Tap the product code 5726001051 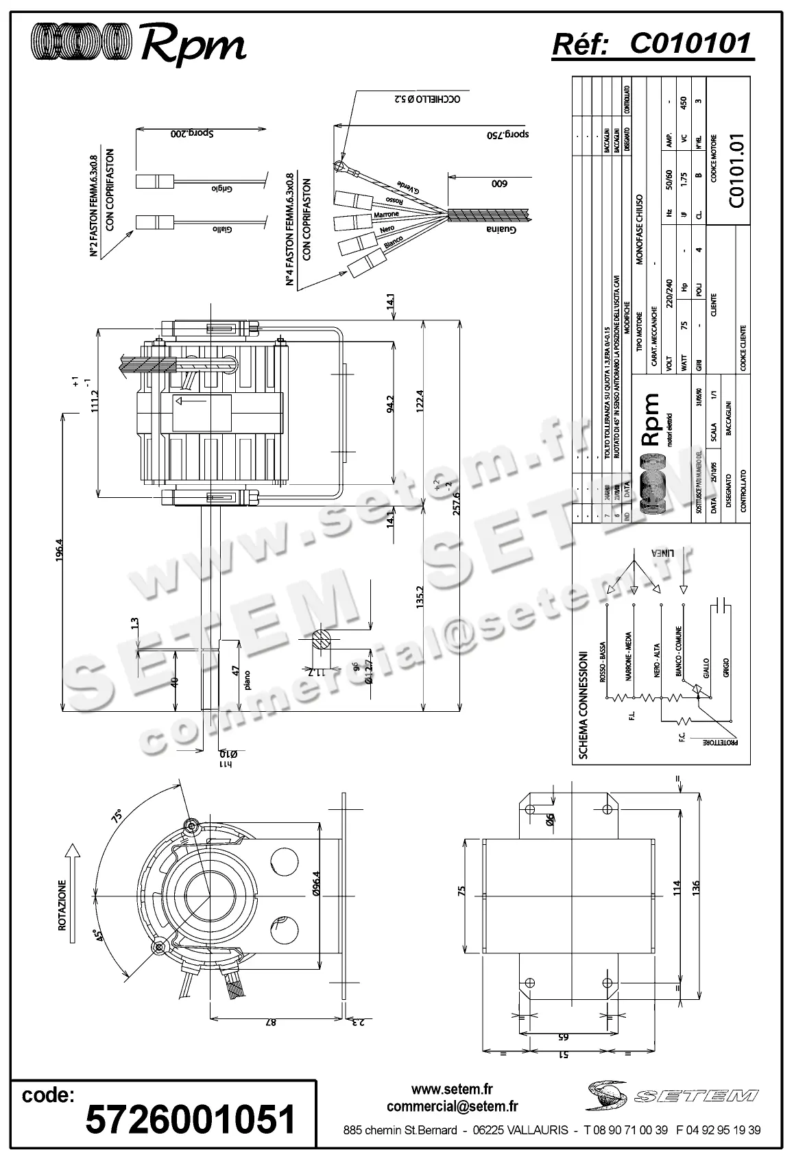190,1119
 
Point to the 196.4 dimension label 60,552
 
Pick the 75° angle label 117,817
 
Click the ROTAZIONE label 62,905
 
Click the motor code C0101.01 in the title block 736,171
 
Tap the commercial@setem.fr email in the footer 452,1106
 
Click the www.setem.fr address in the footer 452,1089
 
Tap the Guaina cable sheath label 501,229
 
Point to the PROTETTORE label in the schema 719,742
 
